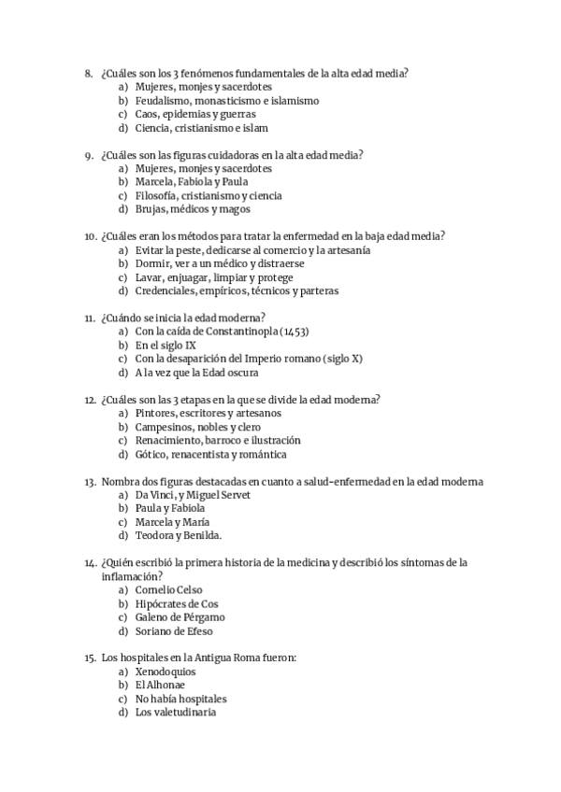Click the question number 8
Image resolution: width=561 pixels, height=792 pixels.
tap(88, 73)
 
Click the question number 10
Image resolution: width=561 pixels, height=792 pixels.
tap(90, 236)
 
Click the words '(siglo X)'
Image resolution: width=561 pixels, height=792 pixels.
tap(342, 359)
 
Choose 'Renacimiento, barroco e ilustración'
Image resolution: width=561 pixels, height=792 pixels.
tap(217, 441)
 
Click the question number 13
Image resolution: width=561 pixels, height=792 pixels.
tap(90, 482)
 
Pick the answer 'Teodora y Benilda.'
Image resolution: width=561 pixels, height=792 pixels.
tap(178, 536)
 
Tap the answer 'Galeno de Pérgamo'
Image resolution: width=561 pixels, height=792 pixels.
tap(180, 617)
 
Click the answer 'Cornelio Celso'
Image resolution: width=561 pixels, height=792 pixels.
tap(168, 590)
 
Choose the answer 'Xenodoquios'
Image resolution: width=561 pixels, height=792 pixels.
tap(165, 672)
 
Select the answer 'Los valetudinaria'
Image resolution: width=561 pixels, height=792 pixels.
tap(175, 713)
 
